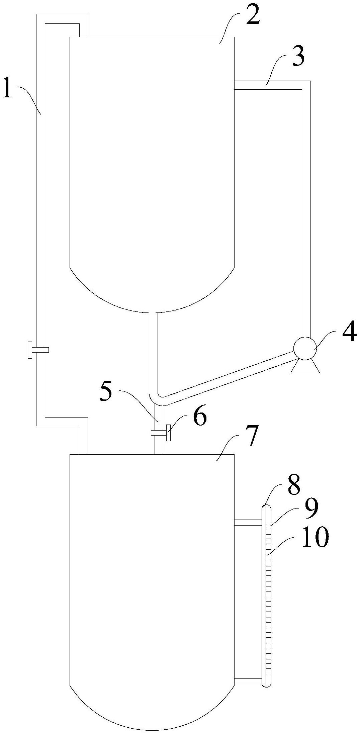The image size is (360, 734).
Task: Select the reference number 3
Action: coord(297,57)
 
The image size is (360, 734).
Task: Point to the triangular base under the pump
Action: coord(305,366)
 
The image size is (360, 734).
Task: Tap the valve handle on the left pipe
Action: coord(30,350)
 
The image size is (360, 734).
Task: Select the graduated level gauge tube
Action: coord(267,602)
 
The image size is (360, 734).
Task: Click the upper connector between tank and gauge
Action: coord(248,522)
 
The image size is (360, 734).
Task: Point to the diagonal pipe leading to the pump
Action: coord(228,376)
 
